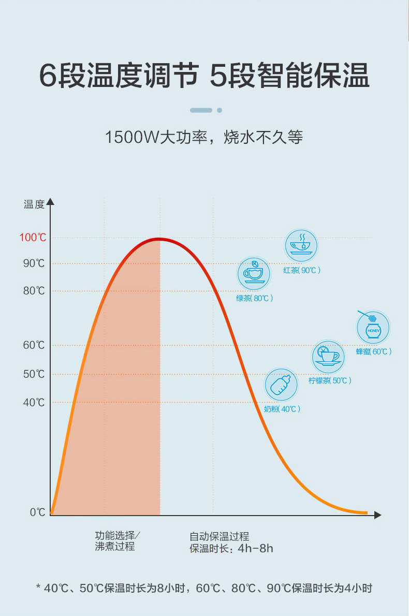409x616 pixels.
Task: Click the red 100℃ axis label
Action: click(x=33, y=238)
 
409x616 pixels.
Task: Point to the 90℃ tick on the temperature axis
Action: click(x=34, y=263)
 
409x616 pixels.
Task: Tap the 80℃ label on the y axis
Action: click(x=34, y=291)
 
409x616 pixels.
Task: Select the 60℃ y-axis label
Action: click(x=34, y=345)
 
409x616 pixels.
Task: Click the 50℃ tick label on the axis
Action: click(x=34, y=374)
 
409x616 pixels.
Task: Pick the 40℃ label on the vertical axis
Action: click(x=34, y=402)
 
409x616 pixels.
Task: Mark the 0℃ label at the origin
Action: click(x=37, y=512)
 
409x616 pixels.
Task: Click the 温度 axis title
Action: click(x=34, y=204)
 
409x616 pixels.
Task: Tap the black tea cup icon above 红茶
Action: click(x=301, y=245)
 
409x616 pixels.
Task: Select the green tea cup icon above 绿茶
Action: click(x=254, y=273)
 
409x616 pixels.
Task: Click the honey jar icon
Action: click(x=373, y=327)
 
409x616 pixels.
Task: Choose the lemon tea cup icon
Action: click(x=328, y=356)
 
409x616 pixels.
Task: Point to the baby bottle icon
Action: click(x=281, y=385)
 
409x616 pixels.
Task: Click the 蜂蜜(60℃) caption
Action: click(x=373, y=351)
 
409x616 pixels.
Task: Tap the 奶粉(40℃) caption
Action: click(x=282, y=409)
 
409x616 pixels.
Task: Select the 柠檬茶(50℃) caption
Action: click(x=330, y=380)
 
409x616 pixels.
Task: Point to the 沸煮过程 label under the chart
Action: click(x=115, y=547)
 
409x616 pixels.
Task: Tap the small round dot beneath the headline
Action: click(x=220, y=110)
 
